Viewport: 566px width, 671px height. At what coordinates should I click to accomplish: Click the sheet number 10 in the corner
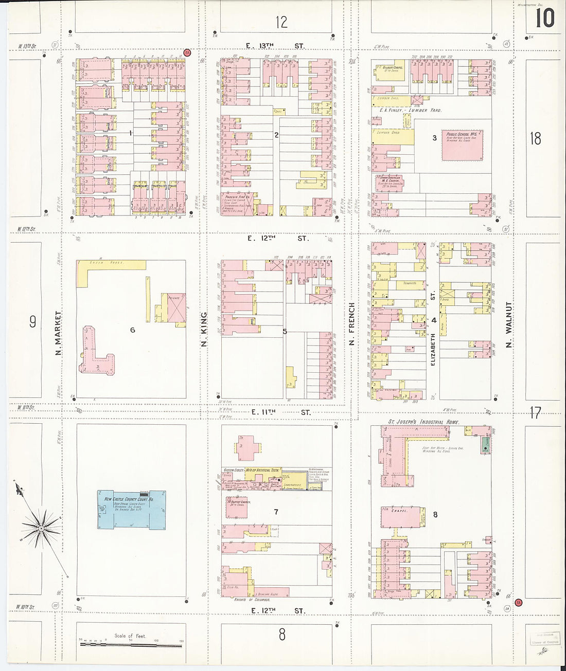coord(544,19)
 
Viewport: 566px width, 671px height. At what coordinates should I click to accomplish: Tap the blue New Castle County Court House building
coord(132,509)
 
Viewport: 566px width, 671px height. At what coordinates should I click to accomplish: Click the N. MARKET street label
coord(58,333)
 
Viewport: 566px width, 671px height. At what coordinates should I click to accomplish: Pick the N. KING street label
coord(204,329)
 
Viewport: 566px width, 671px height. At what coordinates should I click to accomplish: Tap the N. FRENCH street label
coord(352,324)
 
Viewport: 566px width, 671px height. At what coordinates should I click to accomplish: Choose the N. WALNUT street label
coord(508,324)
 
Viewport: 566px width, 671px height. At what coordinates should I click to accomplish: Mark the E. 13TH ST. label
coord(275,46)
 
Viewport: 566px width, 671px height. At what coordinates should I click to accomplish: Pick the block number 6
coord(132,330)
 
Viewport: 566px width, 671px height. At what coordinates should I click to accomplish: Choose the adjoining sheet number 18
coord(536,138)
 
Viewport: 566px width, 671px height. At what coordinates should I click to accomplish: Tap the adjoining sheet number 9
coord(32,322)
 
